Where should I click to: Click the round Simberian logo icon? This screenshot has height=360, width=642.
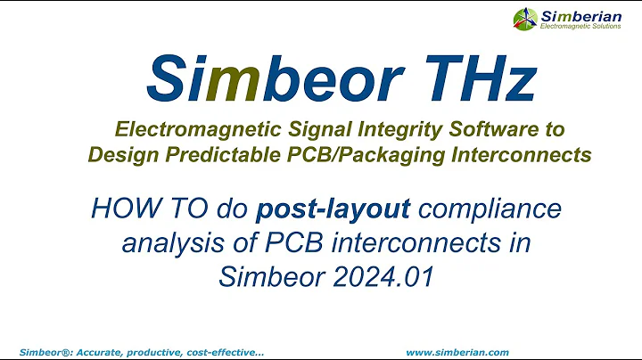(x=525, y=18)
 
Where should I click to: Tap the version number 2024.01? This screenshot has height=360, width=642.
(x=381, y=277)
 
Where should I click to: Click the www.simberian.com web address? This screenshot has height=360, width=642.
(x=457, y=353)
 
